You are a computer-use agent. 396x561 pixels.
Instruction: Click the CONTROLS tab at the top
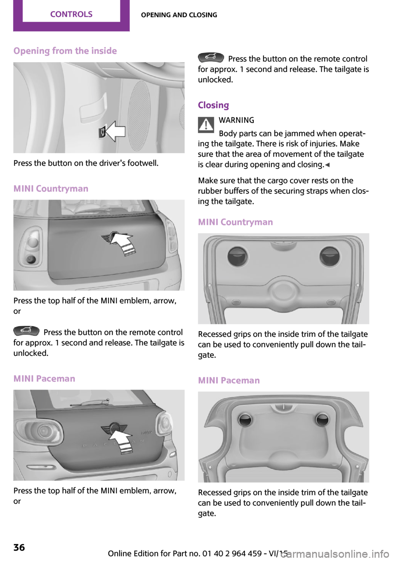pyautogui.click(x=71, y=14)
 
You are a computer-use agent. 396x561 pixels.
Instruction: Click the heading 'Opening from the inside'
pyautogui.click(x=65, y=51)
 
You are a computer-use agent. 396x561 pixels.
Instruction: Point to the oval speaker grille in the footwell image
pyautogui.click(x=139, y=116)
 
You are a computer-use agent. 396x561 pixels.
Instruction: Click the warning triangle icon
pyautogui.click(x=206, y=124)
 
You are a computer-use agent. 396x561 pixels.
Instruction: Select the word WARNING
pyautogui.click(x=236, y=120)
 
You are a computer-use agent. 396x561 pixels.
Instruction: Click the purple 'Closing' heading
pyautogui.click(x=213, y=105)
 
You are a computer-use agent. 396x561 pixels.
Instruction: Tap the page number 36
pyautogui.click(x=19, y=547)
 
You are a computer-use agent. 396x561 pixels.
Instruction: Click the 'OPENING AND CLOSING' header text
pyautogui.click(x=179, y=15)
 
